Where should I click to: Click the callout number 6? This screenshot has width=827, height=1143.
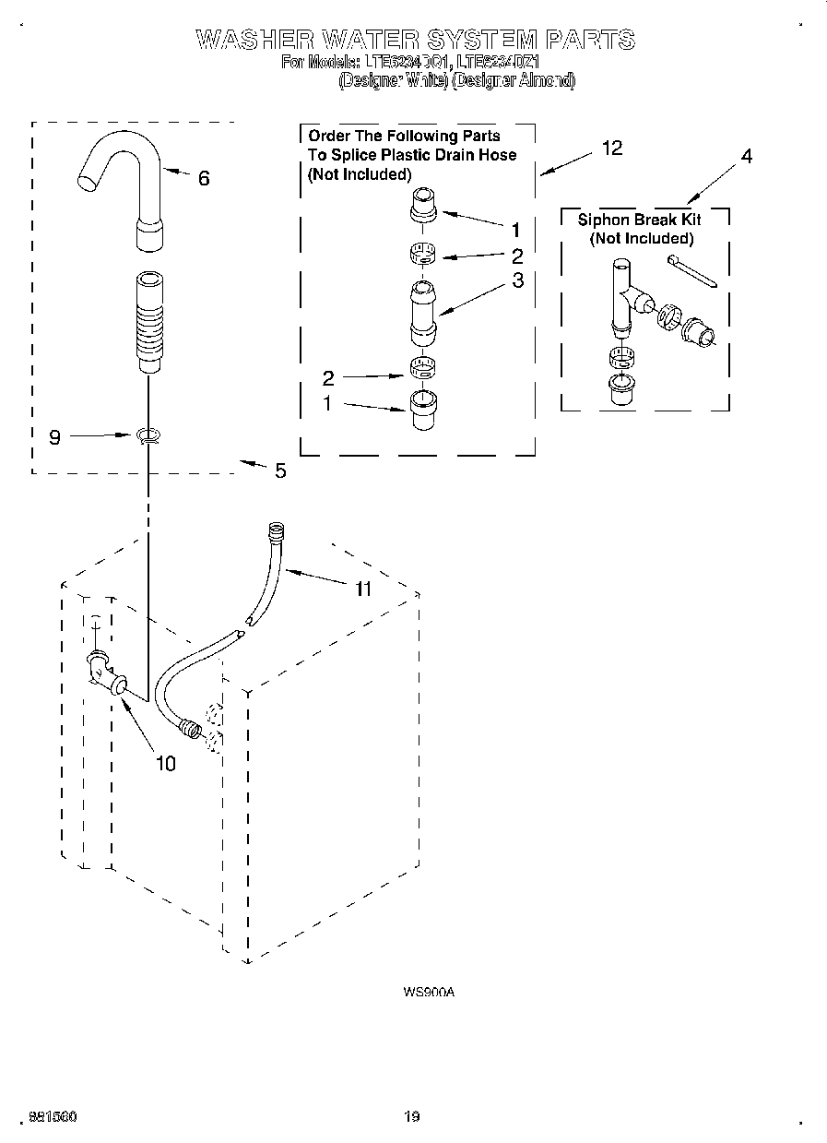[204, 179]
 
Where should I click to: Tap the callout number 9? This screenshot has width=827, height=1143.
[54, 437]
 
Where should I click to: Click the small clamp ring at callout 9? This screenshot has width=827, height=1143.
[147, 435]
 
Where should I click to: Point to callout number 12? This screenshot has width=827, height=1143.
[612, 148]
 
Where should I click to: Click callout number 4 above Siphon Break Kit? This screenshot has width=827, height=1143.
[746, 157]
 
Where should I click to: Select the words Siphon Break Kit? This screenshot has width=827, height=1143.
[639, 220]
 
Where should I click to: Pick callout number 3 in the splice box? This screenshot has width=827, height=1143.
[517, 280]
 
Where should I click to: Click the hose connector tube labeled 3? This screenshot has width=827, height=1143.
[423, 312]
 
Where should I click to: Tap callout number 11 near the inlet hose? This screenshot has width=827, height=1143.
[363, 589]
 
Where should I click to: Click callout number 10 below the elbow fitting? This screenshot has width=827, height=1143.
[165, 763]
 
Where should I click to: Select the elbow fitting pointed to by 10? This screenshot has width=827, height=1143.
[107, 673]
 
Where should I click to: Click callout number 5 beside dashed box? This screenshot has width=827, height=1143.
[280, 470]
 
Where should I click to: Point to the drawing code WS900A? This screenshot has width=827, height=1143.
[429, 993]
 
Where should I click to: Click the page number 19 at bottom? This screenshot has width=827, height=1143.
[412, 1117]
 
